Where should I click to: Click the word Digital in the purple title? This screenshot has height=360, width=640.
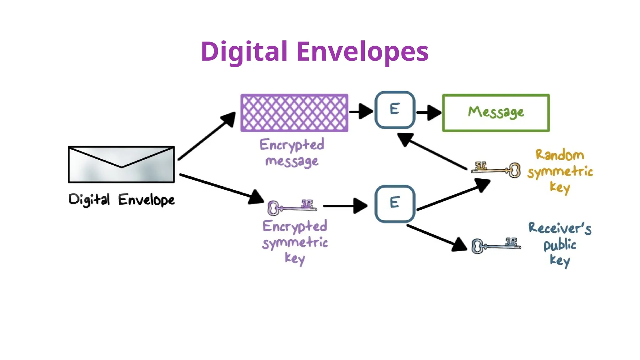coord(244,52)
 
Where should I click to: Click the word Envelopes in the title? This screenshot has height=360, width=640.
coord(362,52)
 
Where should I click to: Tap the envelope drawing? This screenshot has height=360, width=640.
coord(121,164)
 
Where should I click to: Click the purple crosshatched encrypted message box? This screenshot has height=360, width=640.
coord(294,113)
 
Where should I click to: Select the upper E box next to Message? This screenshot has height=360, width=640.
coord(395,110)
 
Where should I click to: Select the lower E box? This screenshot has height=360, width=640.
coord(395,204)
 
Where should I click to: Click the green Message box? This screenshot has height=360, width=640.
coord(496,113)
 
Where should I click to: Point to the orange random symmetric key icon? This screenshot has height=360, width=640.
coord(496,170)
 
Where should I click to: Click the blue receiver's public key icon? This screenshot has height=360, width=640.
coord(496,245)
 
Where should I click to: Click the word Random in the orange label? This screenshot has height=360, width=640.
coord(559,155)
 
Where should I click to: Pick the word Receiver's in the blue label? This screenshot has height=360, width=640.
coord(559,228)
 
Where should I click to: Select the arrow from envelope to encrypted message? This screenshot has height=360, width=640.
coord(206,136)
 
